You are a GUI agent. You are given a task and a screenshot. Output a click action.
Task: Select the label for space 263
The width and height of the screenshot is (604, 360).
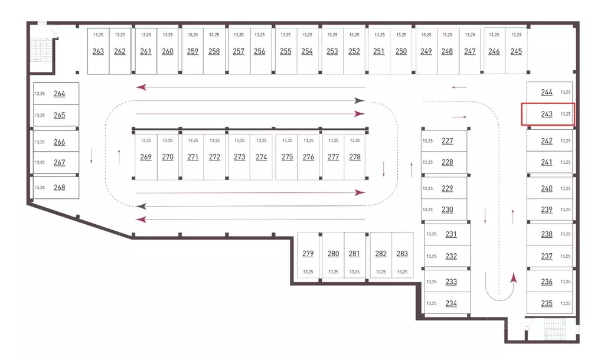click(98, 51)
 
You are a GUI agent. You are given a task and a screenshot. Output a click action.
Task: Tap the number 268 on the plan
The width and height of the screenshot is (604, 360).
click(59, 188)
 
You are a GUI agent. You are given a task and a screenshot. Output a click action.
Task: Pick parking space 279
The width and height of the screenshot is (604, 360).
click(308, 255)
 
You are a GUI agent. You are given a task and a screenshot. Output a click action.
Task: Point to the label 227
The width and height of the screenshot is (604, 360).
click(447, 141)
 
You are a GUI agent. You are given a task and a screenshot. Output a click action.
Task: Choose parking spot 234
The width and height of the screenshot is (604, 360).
click(448, 303)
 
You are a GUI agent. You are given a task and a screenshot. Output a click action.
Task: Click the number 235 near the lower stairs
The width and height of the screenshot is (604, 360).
click(547, 303)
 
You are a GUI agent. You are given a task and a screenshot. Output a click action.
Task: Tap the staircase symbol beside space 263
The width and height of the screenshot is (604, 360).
click(41, 50)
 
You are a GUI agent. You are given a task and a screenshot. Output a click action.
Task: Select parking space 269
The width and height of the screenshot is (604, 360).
click(146, 157)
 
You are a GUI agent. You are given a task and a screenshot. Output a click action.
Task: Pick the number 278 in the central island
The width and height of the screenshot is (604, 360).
click(355, 157)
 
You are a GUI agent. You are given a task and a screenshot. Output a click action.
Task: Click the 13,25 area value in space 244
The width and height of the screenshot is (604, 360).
click(566, 92)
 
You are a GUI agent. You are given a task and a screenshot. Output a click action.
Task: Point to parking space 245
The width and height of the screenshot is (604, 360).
click(516, 50)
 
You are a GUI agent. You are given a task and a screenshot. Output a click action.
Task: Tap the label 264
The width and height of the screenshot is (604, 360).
click(59, 94)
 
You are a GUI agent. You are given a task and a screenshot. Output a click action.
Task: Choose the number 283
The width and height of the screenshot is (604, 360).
click(402, 253)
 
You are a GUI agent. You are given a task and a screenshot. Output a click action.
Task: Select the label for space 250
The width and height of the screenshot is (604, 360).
click(401, 51)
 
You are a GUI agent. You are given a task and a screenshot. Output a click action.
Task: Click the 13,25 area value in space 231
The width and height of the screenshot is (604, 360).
click(432, 234)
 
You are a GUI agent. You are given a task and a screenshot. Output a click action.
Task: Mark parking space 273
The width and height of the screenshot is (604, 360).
click(239, 157)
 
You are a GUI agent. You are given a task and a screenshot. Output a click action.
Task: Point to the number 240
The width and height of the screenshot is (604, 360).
click(547, 188)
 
